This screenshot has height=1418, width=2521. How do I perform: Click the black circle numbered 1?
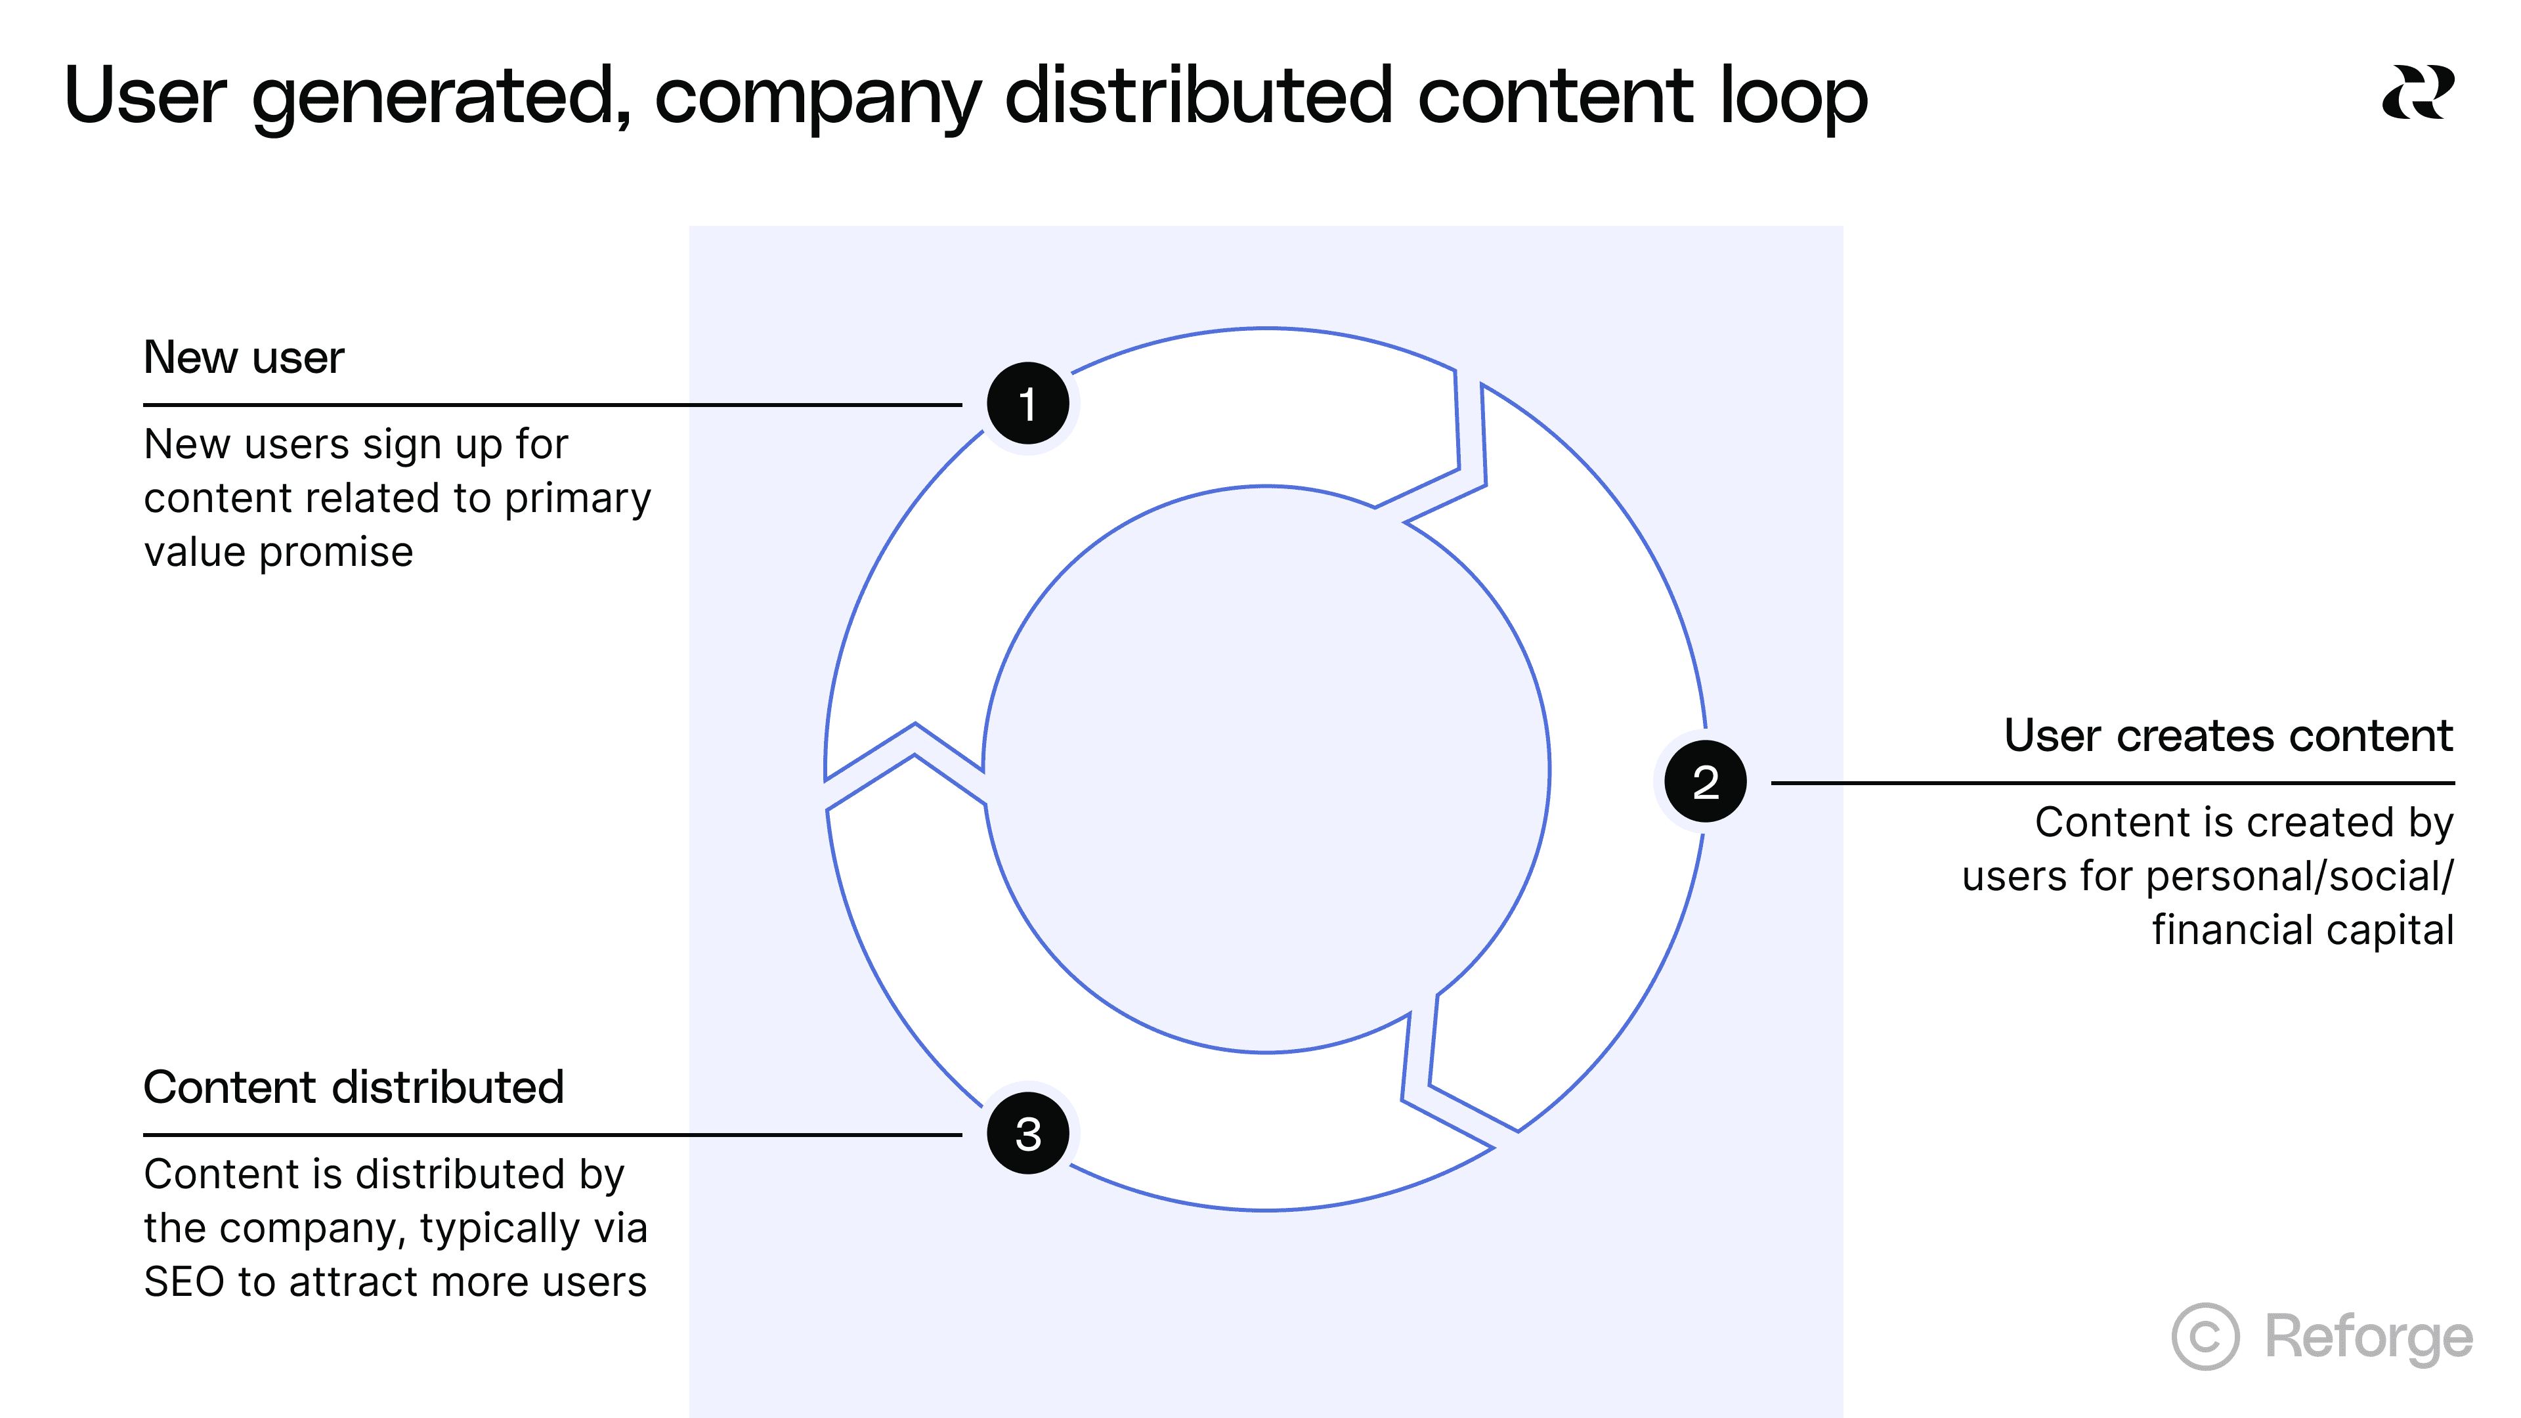(1027, 403)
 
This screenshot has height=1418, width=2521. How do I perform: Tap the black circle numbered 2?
(1705, 781)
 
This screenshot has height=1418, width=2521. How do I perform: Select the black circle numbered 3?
(1027, 1133)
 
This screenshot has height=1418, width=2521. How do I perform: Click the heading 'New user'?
(244, 357)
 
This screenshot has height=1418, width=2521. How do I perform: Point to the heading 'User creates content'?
(2228, 735)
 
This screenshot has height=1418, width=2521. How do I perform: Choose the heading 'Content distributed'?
(353, 1087)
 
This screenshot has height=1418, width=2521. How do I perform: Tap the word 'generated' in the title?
(441, 98)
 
